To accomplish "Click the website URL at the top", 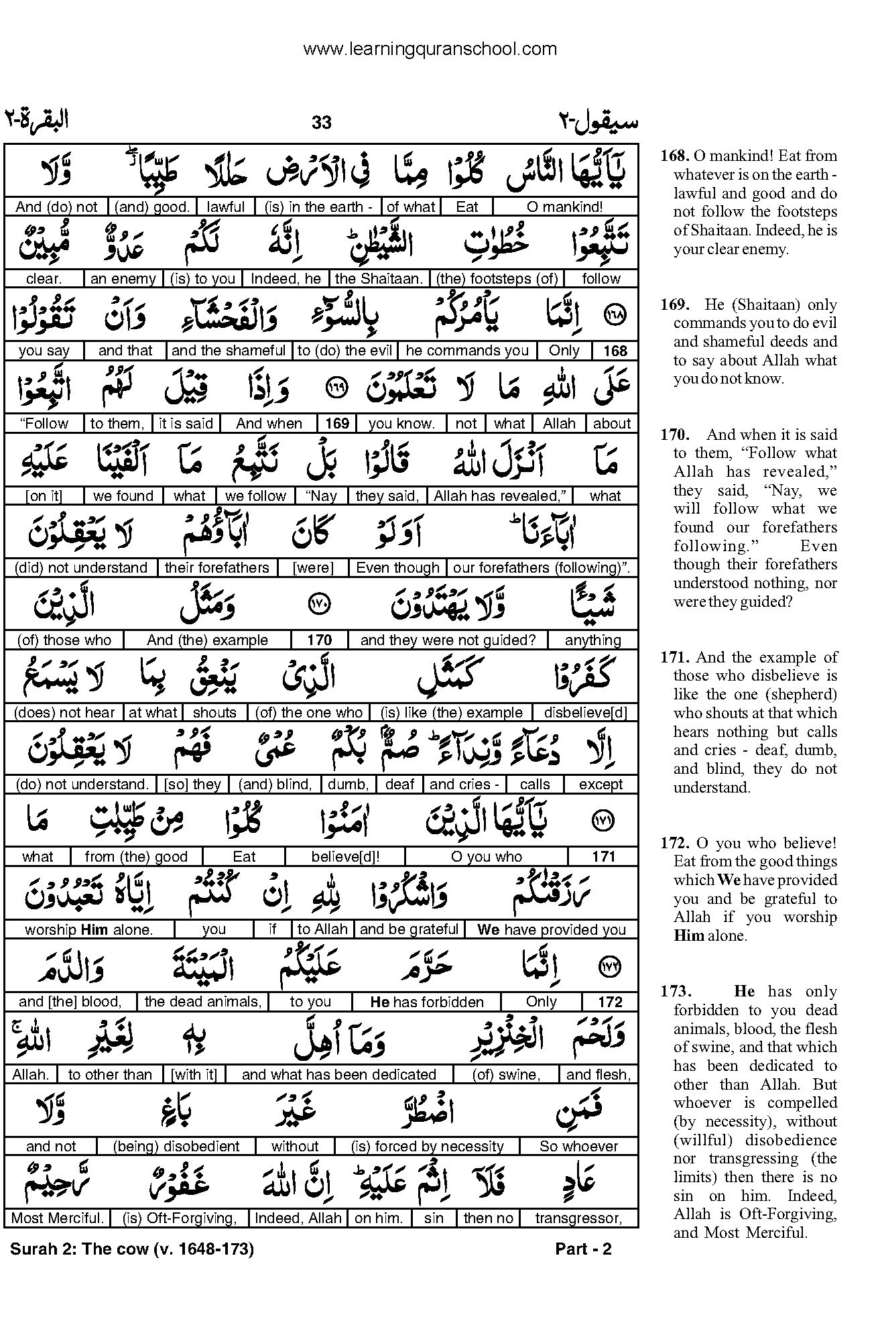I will coord(430,49).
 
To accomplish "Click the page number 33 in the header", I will coord(322,123).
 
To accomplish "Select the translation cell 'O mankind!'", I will coord(567,207).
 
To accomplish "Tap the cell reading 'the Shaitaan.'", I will coord(378,279).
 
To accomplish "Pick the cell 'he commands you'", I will coord(467,351).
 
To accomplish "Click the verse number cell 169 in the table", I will coord(337,424).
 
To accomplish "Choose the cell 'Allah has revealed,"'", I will coord(500,496).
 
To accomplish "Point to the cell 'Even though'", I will coord(397,568).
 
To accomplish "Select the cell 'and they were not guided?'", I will coord(448,640).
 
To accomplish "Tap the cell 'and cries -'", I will coord(464,785).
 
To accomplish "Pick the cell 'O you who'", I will coord(487,857).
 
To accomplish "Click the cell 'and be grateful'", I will coord(409,929).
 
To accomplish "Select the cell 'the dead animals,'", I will coord(202,1002).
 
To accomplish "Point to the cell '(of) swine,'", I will coord(506,1075).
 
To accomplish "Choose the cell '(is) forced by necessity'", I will coord(427,1147).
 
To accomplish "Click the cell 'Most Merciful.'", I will coord(58,1218).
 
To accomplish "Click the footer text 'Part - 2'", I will coord(584,1249).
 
